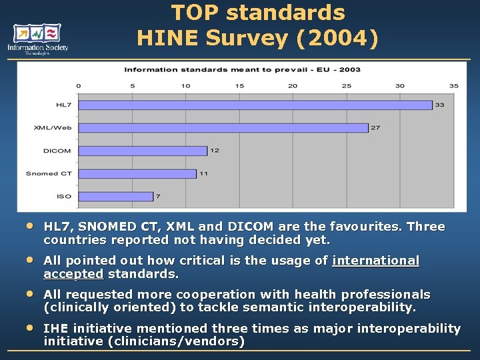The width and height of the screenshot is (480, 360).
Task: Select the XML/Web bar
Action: pos(223,127)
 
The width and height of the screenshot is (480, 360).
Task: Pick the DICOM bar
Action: pos(143,151)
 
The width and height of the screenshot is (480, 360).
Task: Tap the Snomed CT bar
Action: pos(137,173)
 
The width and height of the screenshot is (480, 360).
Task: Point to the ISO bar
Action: pos(115,196)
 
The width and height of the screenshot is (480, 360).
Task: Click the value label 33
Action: pos(440,105)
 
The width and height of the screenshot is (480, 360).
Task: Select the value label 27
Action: pos(375,127)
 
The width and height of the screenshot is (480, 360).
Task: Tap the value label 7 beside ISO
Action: pos(159,196)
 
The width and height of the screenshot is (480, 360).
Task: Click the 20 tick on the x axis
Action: pos(293,86)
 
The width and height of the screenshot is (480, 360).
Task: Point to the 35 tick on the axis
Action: pos(454,86)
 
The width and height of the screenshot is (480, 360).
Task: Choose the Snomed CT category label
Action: pos(48,173)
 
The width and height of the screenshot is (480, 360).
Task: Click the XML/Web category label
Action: pos(53,127)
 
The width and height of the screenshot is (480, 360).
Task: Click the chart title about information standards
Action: pos(242,69)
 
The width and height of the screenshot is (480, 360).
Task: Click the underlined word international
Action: pos(376,261)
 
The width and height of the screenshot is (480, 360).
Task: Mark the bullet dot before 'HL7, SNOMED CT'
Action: pos(29,226)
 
